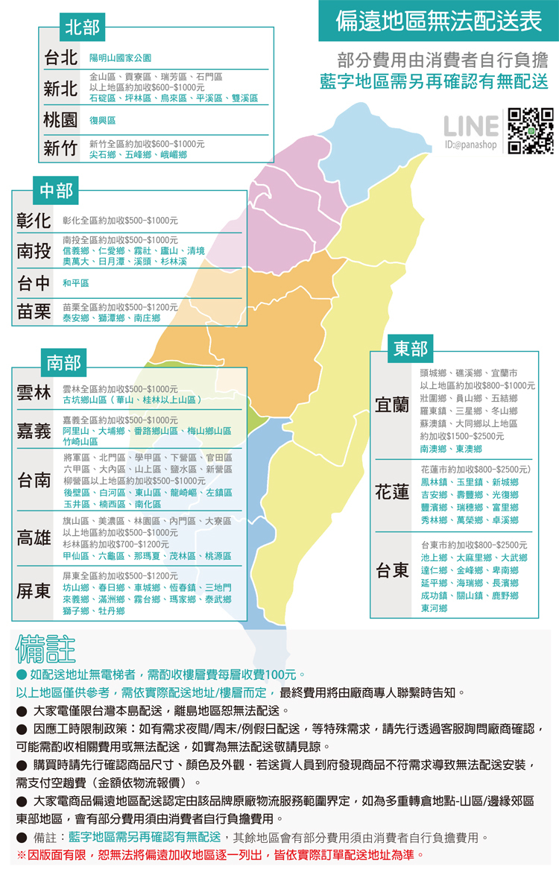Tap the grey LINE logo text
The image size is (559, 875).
(470, 126)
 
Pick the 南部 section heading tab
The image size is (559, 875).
(63, 363)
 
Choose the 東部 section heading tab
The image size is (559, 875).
(411, 348)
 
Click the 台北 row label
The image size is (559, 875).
(61, 57)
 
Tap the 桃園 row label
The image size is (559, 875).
(61, 120)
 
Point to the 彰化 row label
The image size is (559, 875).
(34, 221)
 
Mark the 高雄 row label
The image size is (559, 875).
(34, 538)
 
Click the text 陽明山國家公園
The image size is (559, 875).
(120, 58)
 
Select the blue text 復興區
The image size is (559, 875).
(103, 120)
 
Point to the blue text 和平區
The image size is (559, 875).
(75, 283)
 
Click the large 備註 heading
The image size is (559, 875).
(45, 649)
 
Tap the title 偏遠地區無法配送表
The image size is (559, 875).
(439, 21)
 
